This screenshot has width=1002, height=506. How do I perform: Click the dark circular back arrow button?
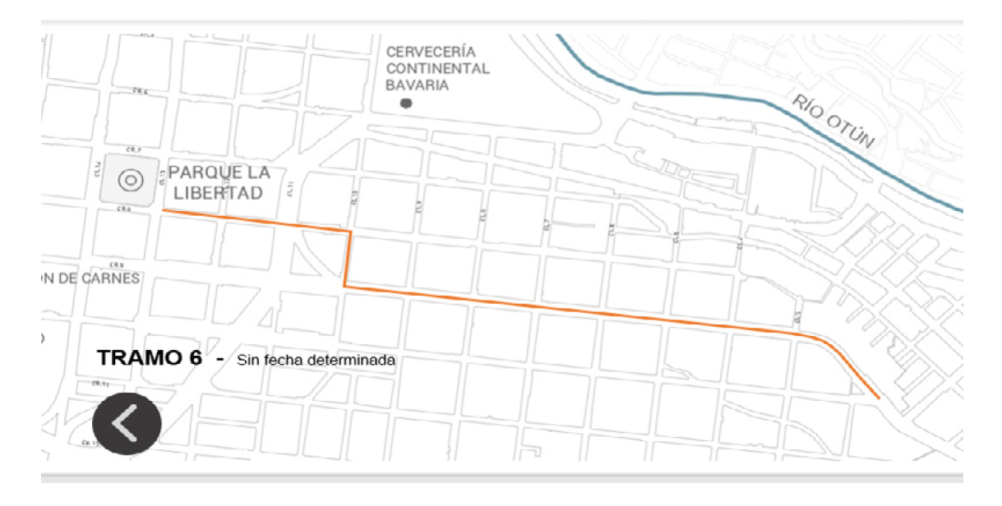[127, 424]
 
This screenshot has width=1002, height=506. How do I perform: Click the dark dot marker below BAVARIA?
[405, 103]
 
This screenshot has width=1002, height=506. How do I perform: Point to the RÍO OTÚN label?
[833, 122]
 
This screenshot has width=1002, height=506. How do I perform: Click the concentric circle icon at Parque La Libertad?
[130, 180]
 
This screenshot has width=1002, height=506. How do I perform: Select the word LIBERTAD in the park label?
[218, 194]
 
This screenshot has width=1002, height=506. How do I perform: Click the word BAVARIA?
[418, 85]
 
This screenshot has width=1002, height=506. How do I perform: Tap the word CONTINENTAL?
[437, 68]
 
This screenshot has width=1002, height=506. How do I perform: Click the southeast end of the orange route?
[879, 398]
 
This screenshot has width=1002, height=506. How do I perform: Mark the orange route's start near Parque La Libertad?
[164, 210]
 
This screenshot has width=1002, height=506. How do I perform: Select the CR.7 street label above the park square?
[134, 149]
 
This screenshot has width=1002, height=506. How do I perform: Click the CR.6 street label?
[140, 92]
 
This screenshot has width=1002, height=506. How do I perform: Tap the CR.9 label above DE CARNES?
[116, 264]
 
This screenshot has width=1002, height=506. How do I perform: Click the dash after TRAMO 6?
[219, 359]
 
